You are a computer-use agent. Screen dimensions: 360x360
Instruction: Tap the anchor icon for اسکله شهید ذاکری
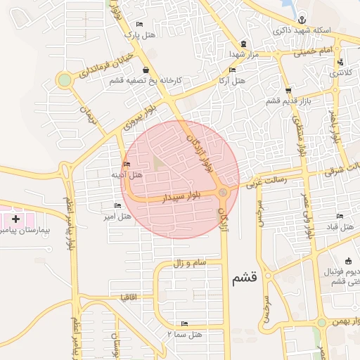pos(302,19)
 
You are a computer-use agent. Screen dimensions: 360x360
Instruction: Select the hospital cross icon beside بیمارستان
pos(15,219)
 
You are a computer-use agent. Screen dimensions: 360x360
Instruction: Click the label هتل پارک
pos(139,34)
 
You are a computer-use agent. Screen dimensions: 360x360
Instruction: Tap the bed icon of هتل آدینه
pos(127,165)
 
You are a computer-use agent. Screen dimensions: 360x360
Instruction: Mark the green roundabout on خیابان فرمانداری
pos(65,80)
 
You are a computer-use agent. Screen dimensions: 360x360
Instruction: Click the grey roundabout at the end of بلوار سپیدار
pos(223,193)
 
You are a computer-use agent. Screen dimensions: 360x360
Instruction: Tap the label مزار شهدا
pos(244,53)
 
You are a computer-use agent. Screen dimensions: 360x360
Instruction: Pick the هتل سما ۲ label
pos(186,334)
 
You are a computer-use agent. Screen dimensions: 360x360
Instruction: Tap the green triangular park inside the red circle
pos(158,162)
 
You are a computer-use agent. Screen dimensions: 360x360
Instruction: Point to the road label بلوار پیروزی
pos(138,118)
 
